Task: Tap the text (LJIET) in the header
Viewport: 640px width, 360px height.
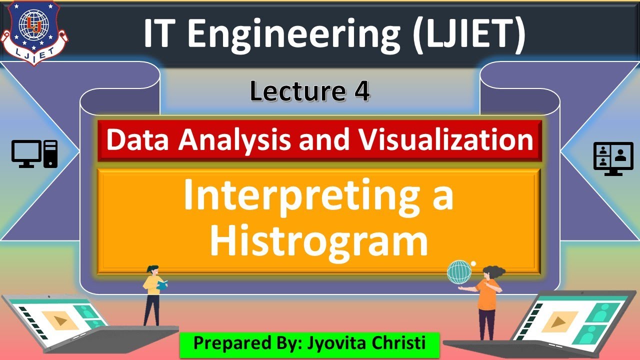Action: tap(469, 34)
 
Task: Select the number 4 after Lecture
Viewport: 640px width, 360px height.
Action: tap(361, 91)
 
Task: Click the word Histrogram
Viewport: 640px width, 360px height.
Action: tap(319, 241)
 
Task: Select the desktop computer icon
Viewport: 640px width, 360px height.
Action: tap(34, 153)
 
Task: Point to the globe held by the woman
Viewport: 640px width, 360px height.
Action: tap(459, 272)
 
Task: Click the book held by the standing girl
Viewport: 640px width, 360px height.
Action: tap(162, 285)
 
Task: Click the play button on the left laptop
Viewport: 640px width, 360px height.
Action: tap(60, 320)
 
